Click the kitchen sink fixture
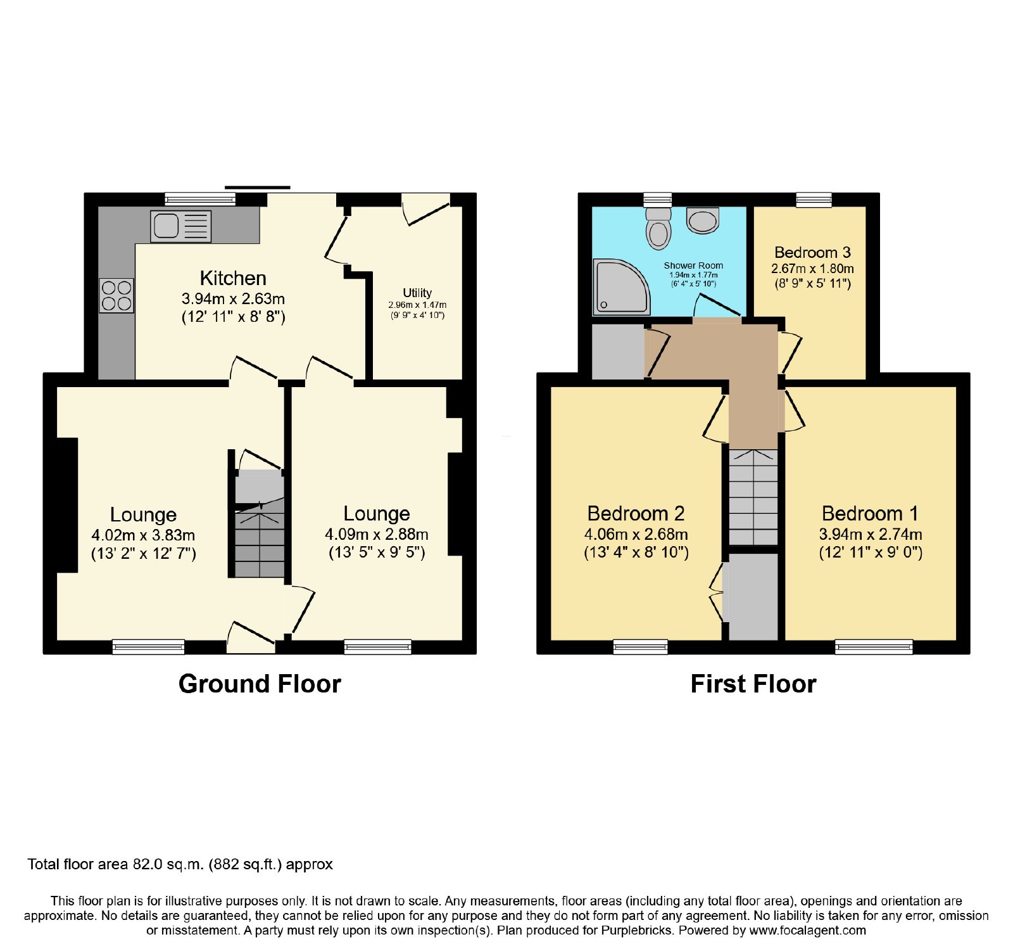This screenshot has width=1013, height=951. pyautogui.click(x=180, y=226)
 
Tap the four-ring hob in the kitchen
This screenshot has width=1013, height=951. pyautogui.click(x=116, y=296)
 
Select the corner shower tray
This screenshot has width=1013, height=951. pyautogui.click(x=621, y=287)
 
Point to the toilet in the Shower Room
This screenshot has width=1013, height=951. pyautogui.click(x=658, y=228)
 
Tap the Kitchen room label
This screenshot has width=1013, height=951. pyautogui.click(x=233, y=278)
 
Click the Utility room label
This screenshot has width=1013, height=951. pyautogui.click(x=417, y=293)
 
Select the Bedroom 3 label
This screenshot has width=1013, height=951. pyautogui.click(x=812, y=253)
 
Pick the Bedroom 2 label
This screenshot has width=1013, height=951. pyautogui.click(x=636, y=513)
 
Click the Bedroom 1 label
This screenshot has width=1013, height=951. pyautogui.click(x=870, y=513)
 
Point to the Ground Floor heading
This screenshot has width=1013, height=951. pyautogui.click(x=260, y=684)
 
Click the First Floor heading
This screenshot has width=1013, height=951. pyautogui.click(x=753, y=684)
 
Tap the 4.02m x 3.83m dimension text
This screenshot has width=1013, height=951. pyautogui.click(x=143, y=535)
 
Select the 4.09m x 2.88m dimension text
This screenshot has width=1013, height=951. pyautogui.click(x=377, y=534)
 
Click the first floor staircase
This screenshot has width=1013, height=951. pyautogui.click(x=753, y=497)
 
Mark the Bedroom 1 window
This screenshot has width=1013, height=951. pyautogui.click(x=874, y=647)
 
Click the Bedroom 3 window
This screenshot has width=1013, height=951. pyautogui.click(x=814, y=200)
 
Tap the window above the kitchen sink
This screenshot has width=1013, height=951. pyautogui.click(x=200, y=199)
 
